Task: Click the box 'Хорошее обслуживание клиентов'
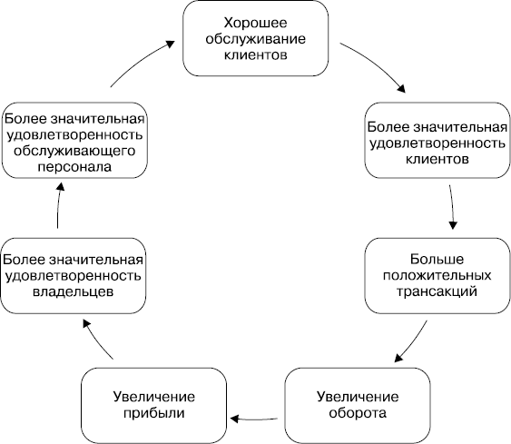pyautogui.click(x=256, y=38)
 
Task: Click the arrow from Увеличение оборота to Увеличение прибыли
pyautogui.click(x=256, y=418)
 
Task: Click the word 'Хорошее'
pyautogui.click(x=256, y=21)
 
